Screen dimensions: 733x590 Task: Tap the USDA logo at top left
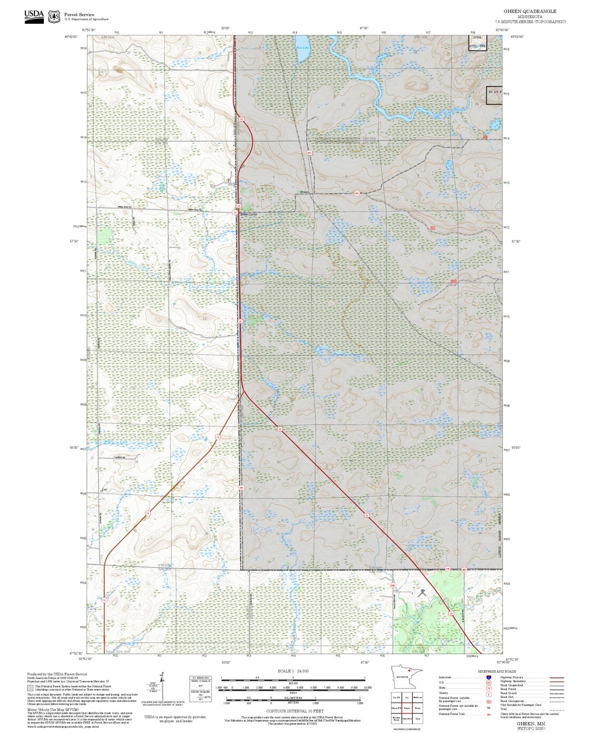coord(34,16)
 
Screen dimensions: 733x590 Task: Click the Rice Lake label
coord(303,48)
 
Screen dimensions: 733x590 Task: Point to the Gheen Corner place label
coord(249,214)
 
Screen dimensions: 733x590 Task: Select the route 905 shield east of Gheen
coord(356,193)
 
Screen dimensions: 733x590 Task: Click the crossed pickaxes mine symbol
coord(421,592)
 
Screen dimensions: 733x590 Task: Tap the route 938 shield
coord(393,586)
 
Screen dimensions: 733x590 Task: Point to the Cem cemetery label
coord(104,489)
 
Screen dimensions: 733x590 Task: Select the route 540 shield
coord(448,569)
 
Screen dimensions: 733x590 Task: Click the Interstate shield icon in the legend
coord(488,677)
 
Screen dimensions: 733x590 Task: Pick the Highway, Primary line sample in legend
coord(557,677)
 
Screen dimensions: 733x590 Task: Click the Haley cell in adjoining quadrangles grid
coord(417,708)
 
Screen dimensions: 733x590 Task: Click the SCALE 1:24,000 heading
coord(293,671)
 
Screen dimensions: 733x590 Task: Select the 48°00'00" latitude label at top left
coord(71,37)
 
